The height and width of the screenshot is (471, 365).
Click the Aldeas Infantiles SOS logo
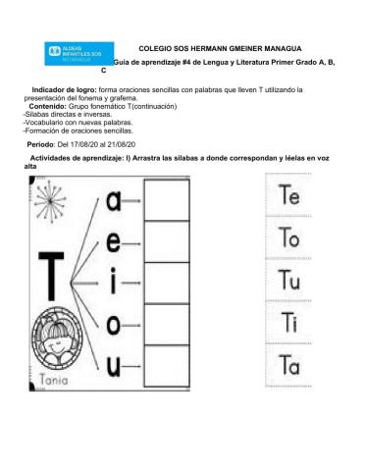coord(79,54)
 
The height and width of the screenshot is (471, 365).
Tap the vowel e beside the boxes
coord(116,242)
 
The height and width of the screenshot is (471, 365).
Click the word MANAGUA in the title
coord(278,47)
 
